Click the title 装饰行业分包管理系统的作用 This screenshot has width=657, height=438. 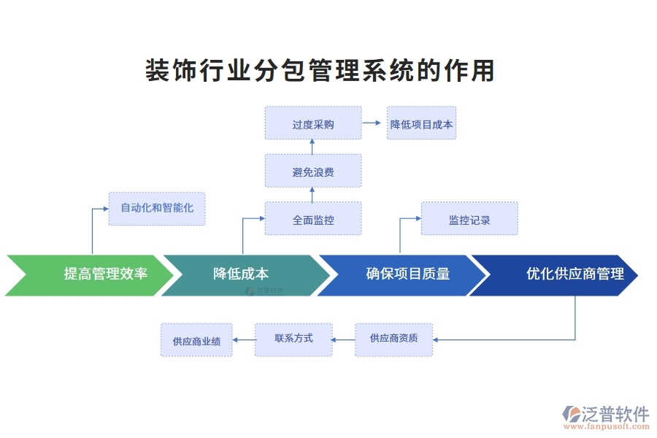pos(320,71)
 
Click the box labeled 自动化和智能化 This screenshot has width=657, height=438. pos(157,208)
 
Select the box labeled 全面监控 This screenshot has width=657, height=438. pos(313,218)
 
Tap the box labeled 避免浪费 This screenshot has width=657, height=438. pos(313,172)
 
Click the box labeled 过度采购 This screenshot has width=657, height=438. pos(313,123)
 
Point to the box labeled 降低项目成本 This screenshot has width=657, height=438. pos(421,123)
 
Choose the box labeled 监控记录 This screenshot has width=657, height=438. pos(469,218)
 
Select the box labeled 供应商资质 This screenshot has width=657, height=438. pos(393,339)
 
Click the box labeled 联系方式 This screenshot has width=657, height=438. pos(293,339)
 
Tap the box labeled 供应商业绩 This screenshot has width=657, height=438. pos(196,340)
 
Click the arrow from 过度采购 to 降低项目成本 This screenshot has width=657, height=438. pos(374,123)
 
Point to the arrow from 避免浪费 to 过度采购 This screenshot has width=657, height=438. pos(312,147)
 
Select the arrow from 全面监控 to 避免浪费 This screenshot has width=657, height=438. pos(312,194)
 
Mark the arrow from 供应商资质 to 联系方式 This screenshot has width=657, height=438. pos(344,339)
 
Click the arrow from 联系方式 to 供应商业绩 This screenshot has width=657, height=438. pos(244,339)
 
